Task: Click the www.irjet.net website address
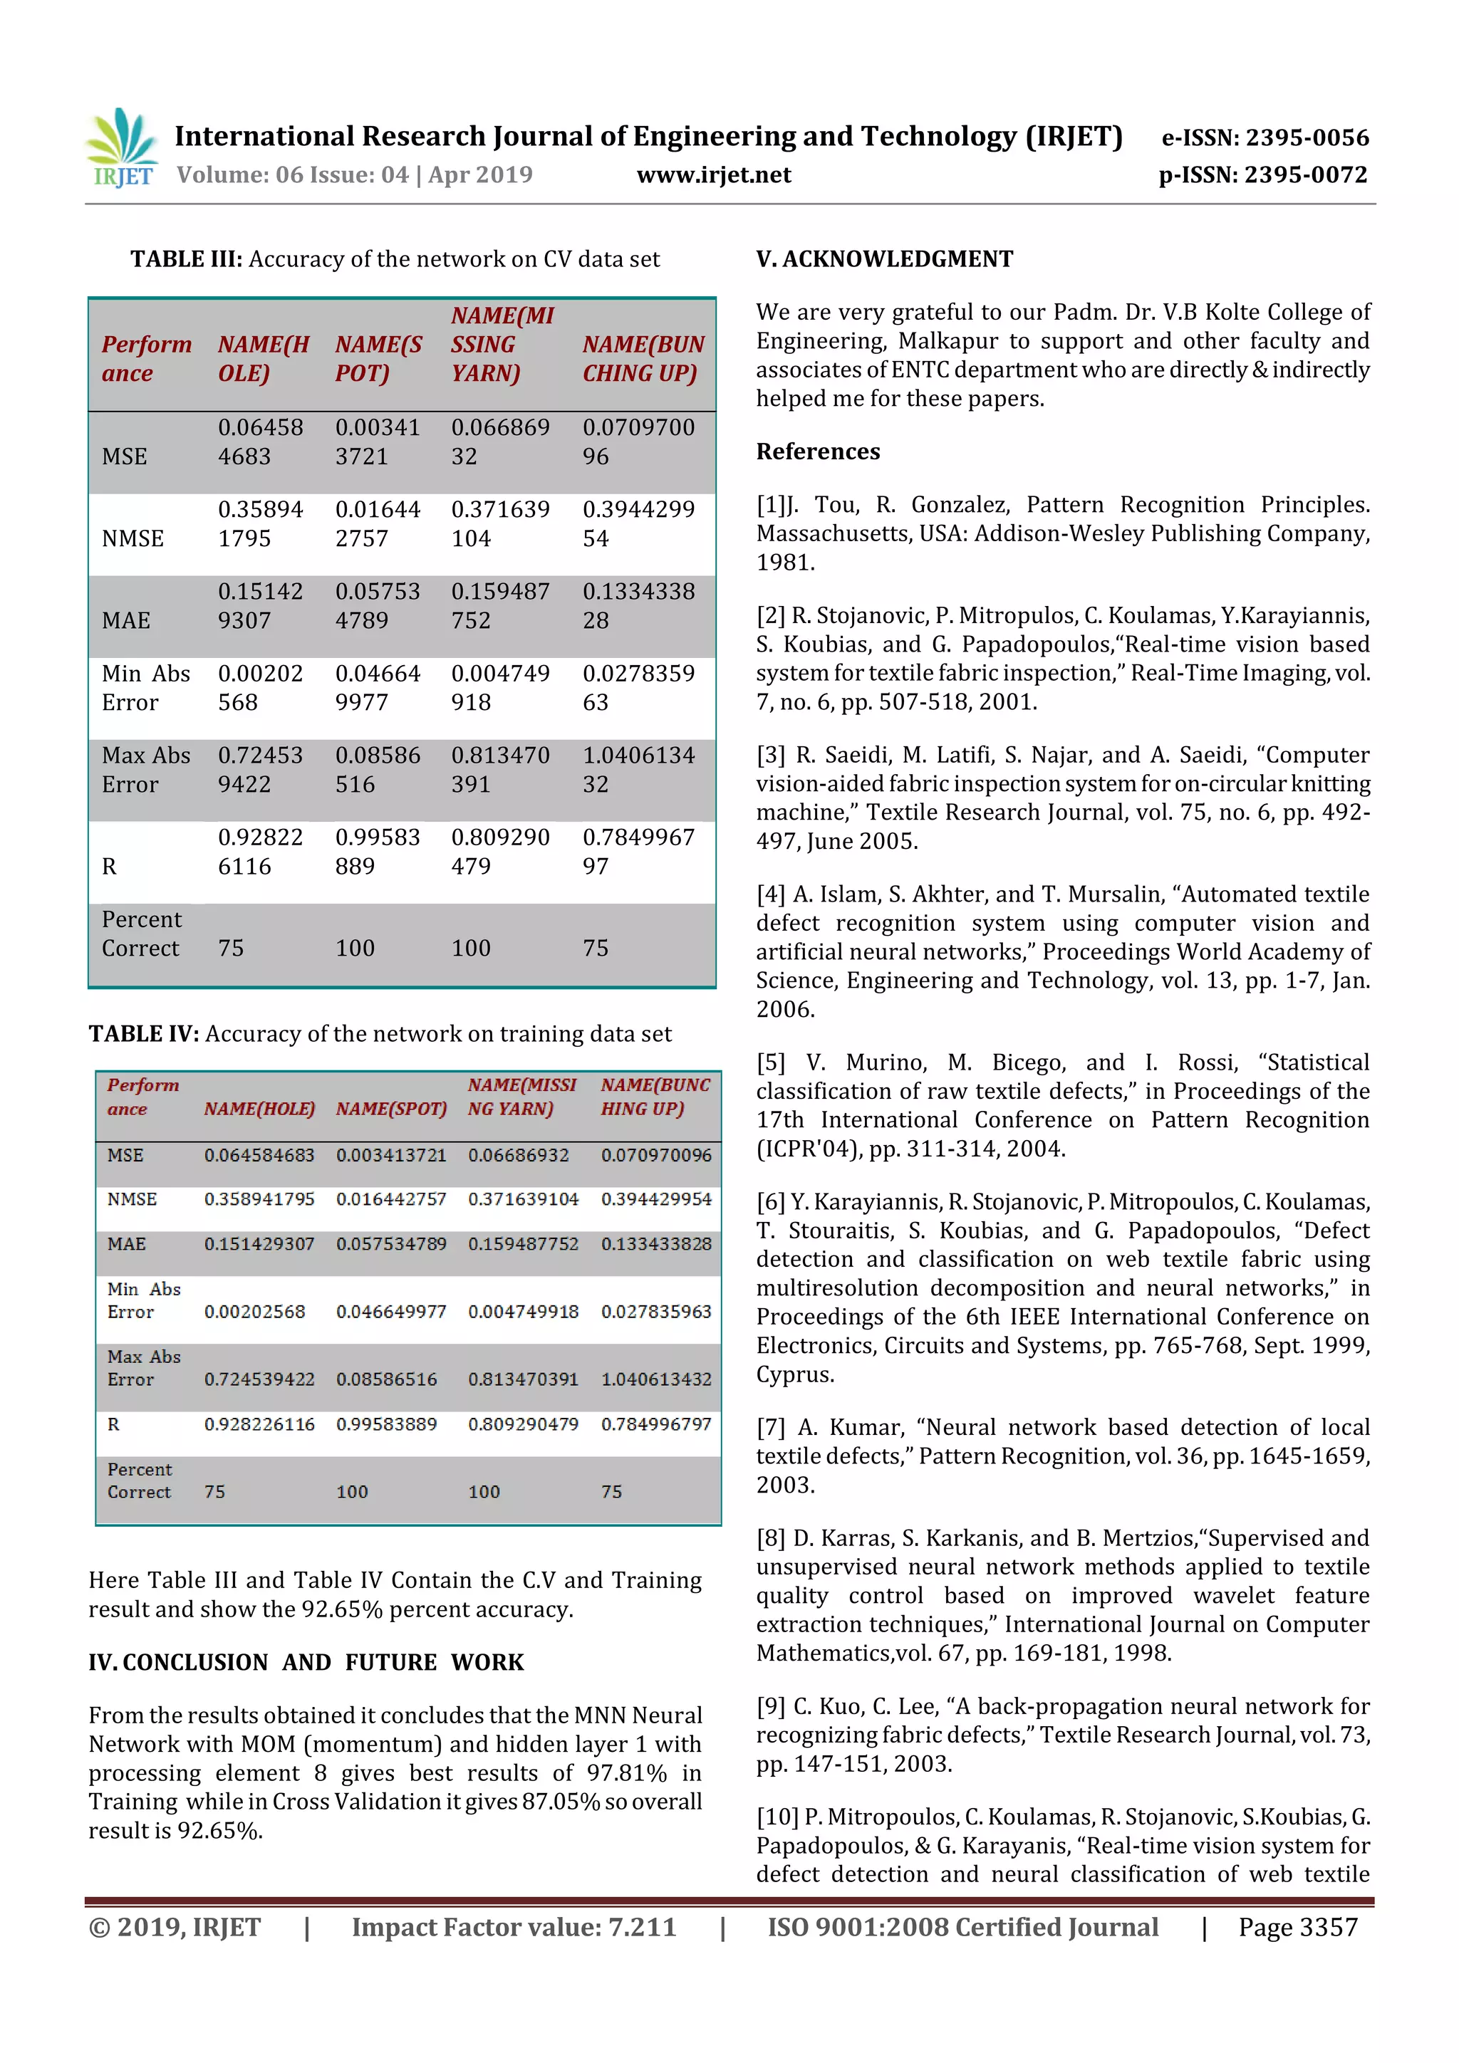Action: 714,175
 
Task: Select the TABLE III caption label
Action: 186,260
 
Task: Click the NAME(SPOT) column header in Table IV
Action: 391,1109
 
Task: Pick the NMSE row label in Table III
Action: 133,538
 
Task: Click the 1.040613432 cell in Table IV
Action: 656,1379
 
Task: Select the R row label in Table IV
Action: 113,1424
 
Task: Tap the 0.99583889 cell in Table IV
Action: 387,1424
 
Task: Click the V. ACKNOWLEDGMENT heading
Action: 885,260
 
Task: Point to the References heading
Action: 818,452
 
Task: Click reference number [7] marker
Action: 770,1428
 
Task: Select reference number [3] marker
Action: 770,756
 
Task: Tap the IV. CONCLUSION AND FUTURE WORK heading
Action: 306,1662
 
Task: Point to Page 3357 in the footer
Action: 1297,1927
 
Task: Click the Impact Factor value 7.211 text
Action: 514,1927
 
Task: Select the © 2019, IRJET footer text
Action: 175,1927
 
